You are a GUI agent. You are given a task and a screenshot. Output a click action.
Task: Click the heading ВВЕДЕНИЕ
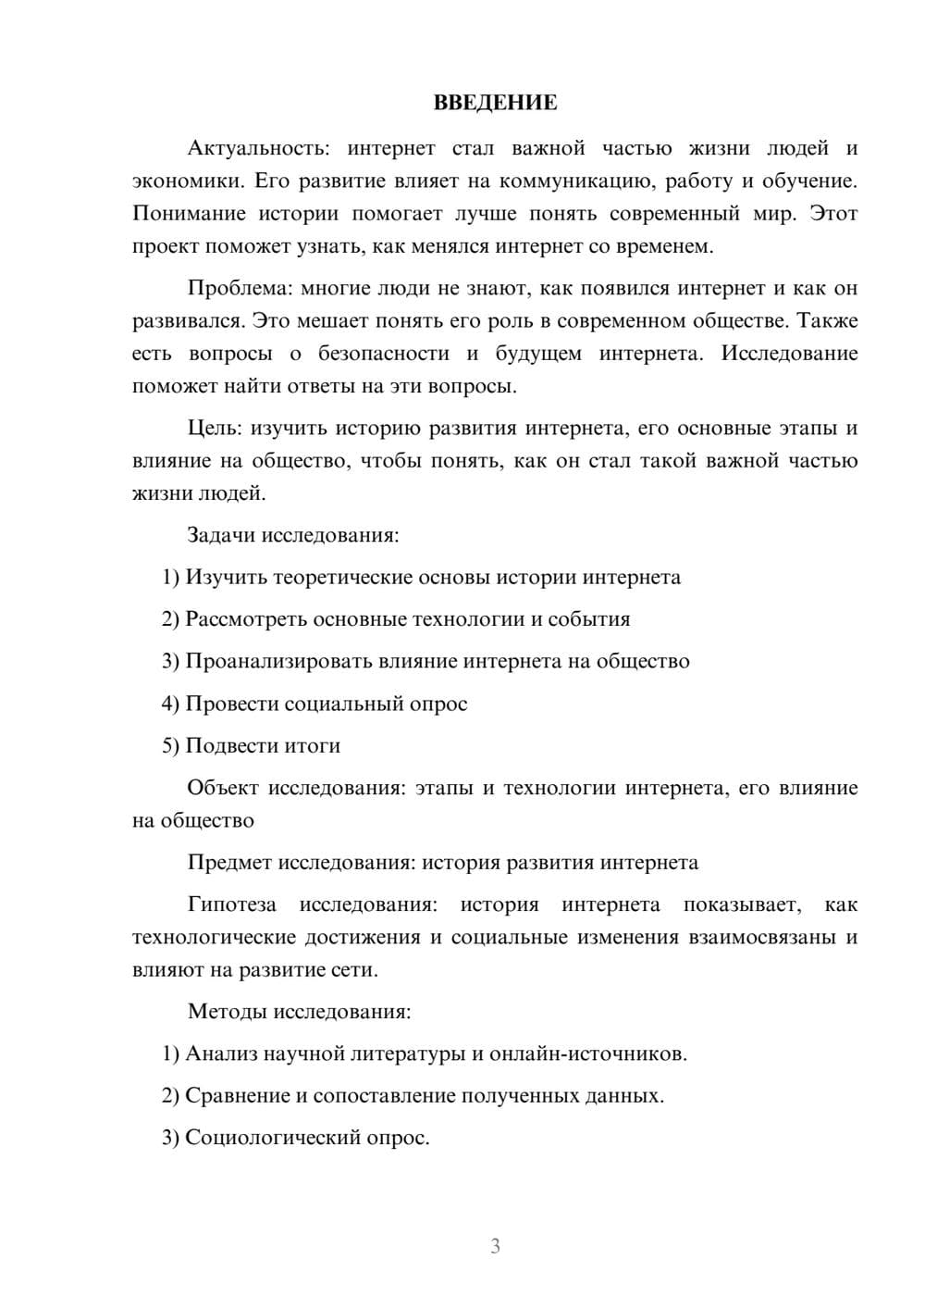(495, 103)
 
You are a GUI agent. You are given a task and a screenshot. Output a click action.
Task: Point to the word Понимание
(189, 214)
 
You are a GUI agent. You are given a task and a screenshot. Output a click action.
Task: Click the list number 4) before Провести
(170, 704)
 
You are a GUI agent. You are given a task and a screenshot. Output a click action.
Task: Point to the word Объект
(222, 788)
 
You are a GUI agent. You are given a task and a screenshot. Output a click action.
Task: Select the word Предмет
(230, 863)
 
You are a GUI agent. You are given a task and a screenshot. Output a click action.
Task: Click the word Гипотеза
(231, 904)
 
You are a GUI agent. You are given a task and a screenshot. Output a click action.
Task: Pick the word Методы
(226, 1011)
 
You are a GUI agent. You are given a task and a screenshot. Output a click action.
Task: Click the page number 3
(495, 1246)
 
